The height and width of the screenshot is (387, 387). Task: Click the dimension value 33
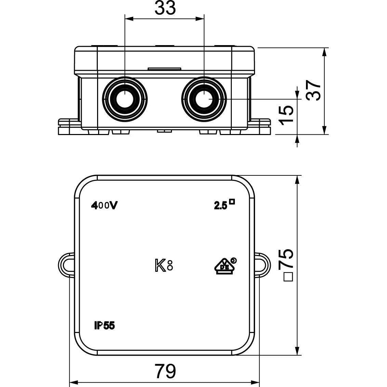(x=165, y=8)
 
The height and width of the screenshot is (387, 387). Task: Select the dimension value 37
(x=313, y=90)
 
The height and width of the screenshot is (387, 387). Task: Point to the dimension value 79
(x=165, y=371)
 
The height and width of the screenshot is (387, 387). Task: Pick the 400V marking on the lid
(x=104, y=205)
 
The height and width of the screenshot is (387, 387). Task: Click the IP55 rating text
(x=104, y=326)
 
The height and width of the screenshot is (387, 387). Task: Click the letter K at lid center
(x=160, y=266)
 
